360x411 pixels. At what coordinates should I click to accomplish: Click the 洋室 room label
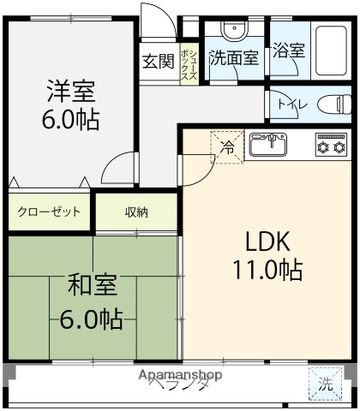71,90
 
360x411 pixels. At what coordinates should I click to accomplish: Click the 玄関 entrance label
158,61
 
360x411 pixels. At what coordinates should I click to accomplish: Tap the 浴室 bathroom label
288,51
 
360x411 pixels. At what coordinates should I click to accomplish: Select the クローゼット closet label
49,211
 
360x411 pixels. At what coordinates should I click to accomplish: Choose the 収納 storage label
137,211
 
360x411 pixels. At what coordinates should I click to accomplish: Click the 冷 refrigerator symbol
228,146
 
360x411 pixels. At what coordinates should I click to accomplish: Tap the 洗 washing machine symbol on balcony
326,386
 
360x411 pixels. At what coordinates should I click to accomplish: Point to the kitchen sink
273,145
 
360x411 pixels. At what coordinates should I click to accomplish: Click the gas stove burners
330,145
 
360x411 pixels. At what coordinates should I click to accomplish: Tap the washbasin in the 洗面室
232,31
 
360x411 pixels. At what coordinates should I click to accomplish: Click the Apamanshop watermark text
181,375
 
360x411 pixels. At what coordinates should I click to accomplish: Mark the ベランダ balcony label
179,386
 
